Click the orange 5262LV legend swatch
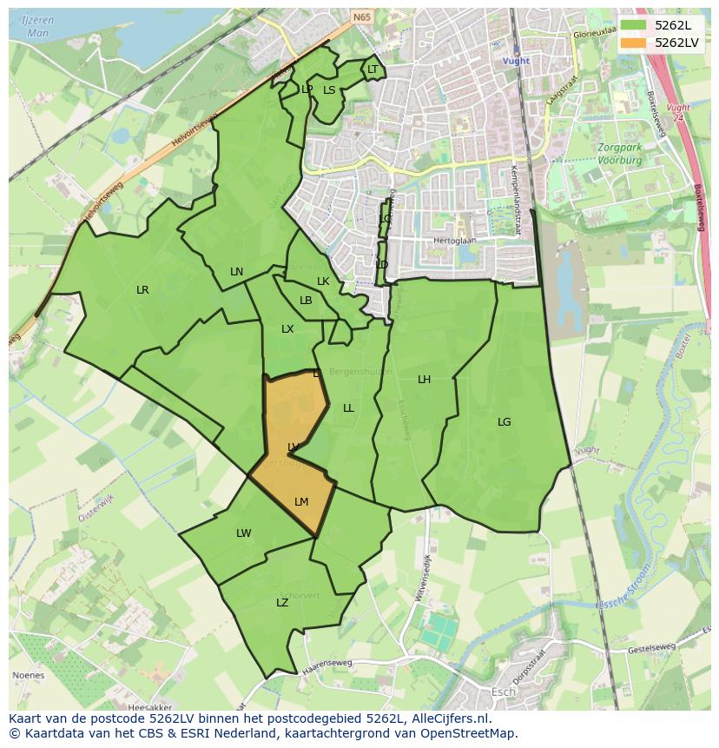pyautogui.click(x=634, y=42)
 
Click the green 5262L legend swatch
pyautogui.click(x=634, y=24)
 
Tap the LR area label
pyautogui.click(x=142, y=290)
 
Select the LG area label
pyautogui.click(x=505, y=422)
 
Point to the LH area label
pyautogui.click(x=424, y=380)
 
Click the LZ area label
pyautogui.click(x=282, y=603)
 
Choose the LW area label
pyautogui.click(x=243, y=533)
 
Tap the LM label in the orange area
pyautogui.click(x=301, y=502)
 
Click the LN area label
pyautogui.click(x=236, y=272)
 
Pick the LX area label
pyautogui.click(x=287, y=329)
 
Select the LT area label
pyautogui.click(x=373, y=70)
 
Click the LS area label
pyautogui.click(x=329, y=89)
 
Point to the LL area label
pyautogui.click(x=348, y=408)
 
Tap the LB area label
pyautogui.click(x=306, y=301)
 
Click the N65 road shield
pyautogui.click(x=362, y=16)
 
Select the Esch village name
pyautogui.click(x=503, y=692)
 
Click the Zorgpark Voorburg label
pyautogui.click(x=619, y=154)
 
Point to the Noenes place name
pyautogui.click(x=29, y=675)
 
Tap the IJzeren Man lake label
pyautogui.click(x=38, y=26)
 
